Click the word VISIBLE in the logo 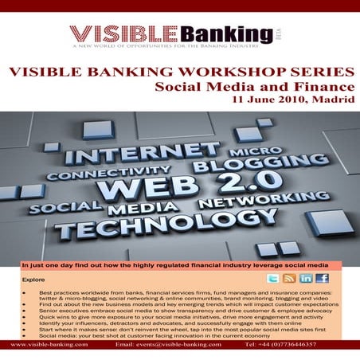(118, 33)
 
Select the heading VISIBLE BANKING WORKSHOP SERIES (180, 70)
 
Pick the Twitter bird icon (273, 278)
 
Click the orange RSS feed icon (290, 278)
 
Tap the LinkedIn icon (306, 278)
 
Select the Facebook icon (322, 278)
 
